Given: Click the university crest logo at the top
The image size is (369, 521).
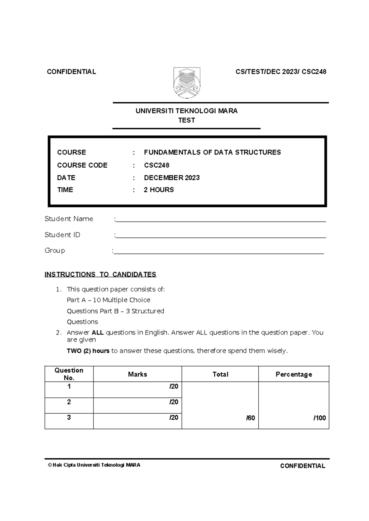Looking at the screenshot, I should tap(187, 83).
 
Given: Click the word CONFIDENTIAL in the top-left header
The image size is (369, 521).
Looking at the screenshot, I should tap(71, 72).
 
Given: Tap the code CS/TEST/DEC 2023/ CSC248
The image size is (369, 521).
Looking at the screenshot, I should tap(281, 72).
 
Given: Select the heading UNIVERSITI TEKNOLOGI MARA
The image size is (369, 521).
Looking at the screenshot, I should tap(186, 111).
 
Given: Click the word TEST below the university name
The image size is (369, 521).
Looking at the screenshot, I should tap(186, 120).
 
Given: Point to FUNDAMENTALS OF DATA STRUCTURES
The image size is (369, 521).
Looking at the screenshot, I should tap(212, 152).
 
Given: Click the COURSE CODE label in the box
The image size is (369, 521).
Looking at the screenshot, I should tap(82, 165).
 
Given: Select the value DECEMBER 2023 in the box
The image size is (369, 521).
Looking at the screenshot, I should tap(172, 178).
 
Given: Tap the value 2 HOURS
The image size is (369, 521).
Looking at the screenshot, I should tap(159, 190).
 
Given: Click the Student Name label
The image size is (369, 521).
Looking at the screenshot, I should tap(69, 219).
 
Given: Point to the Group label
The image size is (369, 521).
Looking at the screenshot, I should tap(55, 251).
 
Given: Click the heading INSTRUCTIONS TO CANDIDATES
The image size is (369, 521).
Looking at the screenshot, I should tap(100, 274).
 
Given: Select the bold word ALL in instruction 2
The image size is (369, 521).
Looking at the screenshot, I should tap(97, 333).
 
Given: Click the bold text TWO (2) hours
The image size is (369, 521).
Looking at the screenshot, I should tap(88, 351).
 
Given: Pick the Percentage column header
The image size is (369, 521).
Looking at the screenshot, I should tap(294, 374).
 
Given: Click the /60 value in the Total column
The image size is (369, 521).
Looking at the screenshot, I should tap(250, 418).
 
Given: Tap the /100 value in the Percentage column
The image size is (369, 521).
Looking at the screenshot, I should tap(319, 418).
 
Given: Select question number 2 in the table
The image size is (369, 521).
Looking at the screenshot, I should tap(69, 402).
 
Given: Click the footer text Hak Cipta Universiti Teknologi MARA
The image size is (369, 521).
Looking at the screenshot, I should tap(96, 465).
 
